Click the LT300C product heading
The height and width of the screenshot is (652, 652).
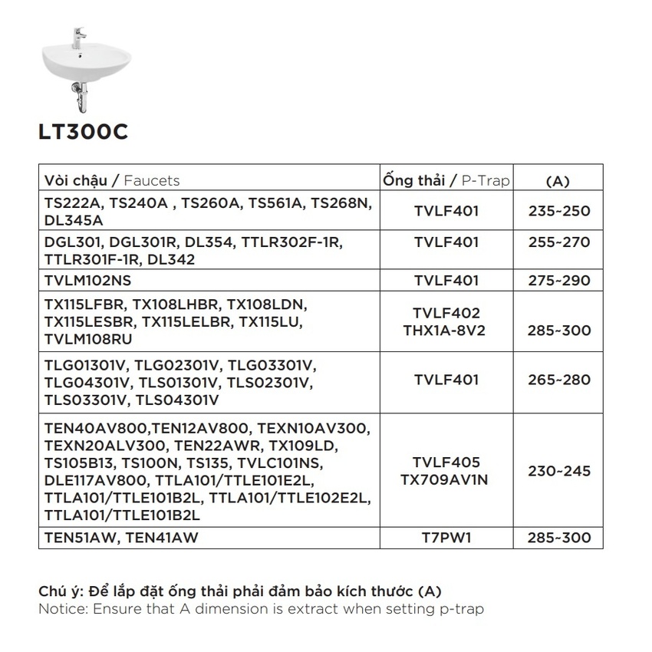click(83, 133)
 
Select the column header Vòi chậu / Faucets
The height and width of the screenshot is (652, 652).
click(112, 181)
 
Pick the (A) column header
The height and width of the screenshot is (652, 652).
click(557, 182)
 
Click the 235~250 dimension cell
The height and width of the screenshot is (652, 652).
click(559, 211)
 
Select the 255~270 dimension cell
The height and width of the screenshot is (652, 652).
click(559, 242)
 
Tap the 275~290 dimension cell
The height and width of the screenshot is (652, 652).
click(559, 282)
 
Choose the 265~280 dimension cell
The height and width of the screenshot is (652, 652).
click(559, 380)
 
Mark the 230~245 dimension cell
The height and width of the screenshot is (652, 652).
click(559, 471)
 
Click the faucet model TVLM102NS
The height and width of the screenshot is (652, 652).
click(88, 282)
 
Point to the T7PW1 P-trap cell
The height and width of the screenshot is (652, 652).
click(446, 538)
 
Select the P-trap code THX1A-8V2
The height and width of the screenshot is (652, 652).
click(446, 331)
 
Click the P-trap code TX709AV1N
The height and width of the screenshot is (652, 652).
click(446, 479)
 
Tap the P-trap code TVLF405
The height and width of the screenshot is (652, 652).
click(446, 463)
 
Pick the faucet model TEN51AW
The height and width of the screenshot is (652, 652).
click(77, 538)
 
